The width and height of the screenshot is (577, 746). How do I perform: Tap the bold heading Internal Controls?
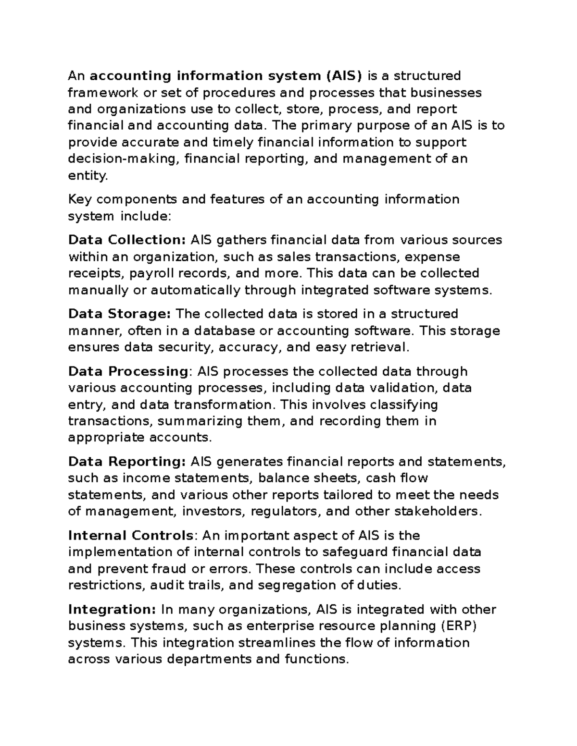point(131,536)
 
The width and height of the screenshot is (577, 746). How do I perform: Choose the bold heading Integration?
point(112,610)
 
